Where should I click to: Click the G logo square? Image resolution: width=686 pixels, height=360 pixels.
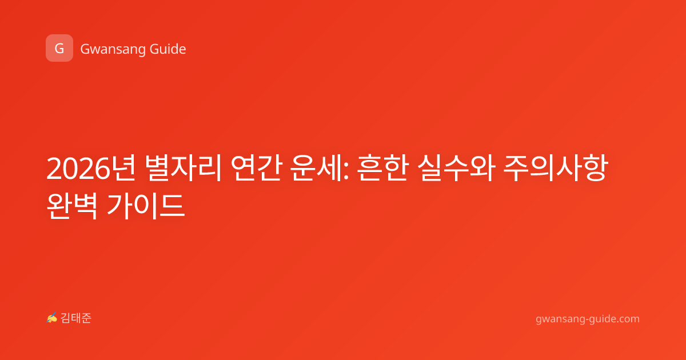pyautogui.click(x=59, y=48)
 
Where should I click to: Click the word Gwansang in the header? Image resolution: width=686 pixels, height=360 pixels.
pyautogui.click(x=113, y=50)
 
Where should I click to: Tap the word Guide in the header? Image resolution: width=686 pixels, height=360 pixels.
pyautogui.click(x=168, y=49)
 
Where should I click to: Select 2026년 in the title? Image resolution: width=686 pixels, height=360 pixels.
pyautogui.click(x=91, y=168)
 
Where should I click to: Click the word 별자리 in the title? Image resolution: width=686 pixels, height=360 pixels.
pyautogui.click(x=183, y=168)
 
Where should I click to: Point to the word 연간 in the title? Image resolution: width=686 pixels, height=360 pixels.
pyautogui.click(x=256, y=168)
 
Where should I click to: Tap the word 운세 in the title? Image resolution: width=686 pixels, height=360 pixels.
pyautogui.click(x=318, y=168)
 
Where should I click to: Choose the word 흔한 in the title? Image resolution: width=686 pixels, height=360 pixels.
pyautogui.click(x=383, y=168)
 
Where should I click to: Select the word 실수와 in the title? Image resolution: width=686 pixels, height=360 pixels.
pyautogui.click(x=456, y=168)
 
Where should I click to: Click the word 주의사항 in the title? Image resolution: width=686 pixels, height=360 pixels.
pyautogui.click(x=555, y=168)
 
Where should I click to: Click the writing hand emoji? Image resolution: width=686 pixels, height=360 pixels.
pyautogui.click(x=52, y=318)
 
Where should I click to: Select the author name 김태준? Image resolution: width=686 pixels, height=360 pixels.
pyautogui.click(x=75, y=318)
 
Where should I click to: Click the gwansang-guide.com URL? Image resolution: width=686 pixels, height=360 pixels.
pyautogui.click(x=588, y=319)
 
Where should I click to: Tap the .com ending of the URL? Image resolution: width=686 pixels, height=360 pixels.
pyautogui.click(x=627, y=319)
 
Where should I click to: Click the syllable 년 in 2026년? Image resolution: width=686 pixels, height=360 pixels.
pyautogui.click(x=123, y=168)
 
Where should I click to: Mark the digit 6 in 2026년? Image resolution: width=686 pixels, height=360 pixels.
pyautogui.click(x=102, y=168)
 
